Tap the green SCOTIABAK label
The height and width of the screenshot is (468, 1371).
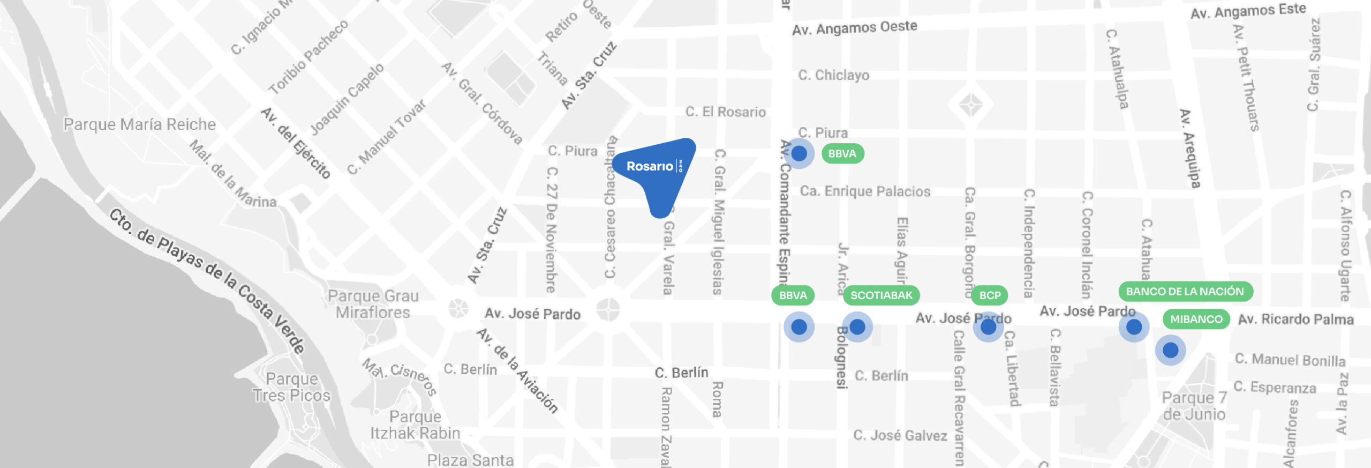pos(881,295)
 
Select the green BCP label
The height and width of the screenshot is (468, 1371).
pos(990,295)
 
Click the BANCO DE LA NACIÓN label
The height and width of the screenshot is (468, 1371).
pos(1185,292)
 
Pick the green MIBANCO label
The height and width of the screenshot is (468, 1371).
pos(1196,320)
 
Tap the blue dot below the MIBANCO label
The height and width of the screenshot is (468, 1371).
pos(1170,350)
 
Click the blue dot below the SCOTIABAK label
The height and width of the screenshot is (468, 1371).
pos(857,326)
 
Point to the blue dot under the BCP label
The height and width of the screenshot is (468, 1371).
pos(988,326)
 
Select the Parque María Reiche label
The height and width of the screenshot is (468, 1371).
pos(139,124)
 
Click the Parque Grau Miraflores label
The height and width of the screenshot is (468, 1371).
pos(373,304)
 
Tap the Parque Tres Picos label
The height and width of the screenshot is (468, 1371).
pos(292,387)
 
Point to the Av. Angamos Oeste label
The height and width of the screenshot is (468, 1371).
pos(854,28)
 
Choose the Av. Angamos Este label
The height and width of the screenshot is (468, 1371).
pos(1248,11)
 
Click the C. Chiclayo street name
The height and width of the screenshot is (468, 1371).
pos(833,75)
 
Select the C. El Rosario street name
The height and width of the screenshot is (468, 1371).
pos(725,112)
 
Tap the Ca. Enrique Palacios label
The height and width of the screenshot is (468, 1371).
pos(865,191)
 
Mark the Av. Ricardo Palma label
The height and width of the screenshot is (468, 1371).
pos(1295,320)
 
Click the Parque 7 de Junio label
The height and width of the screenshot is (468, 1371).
pos(1194,406)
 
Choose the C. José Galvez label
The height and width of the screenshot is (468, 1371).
pos(900,435)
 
